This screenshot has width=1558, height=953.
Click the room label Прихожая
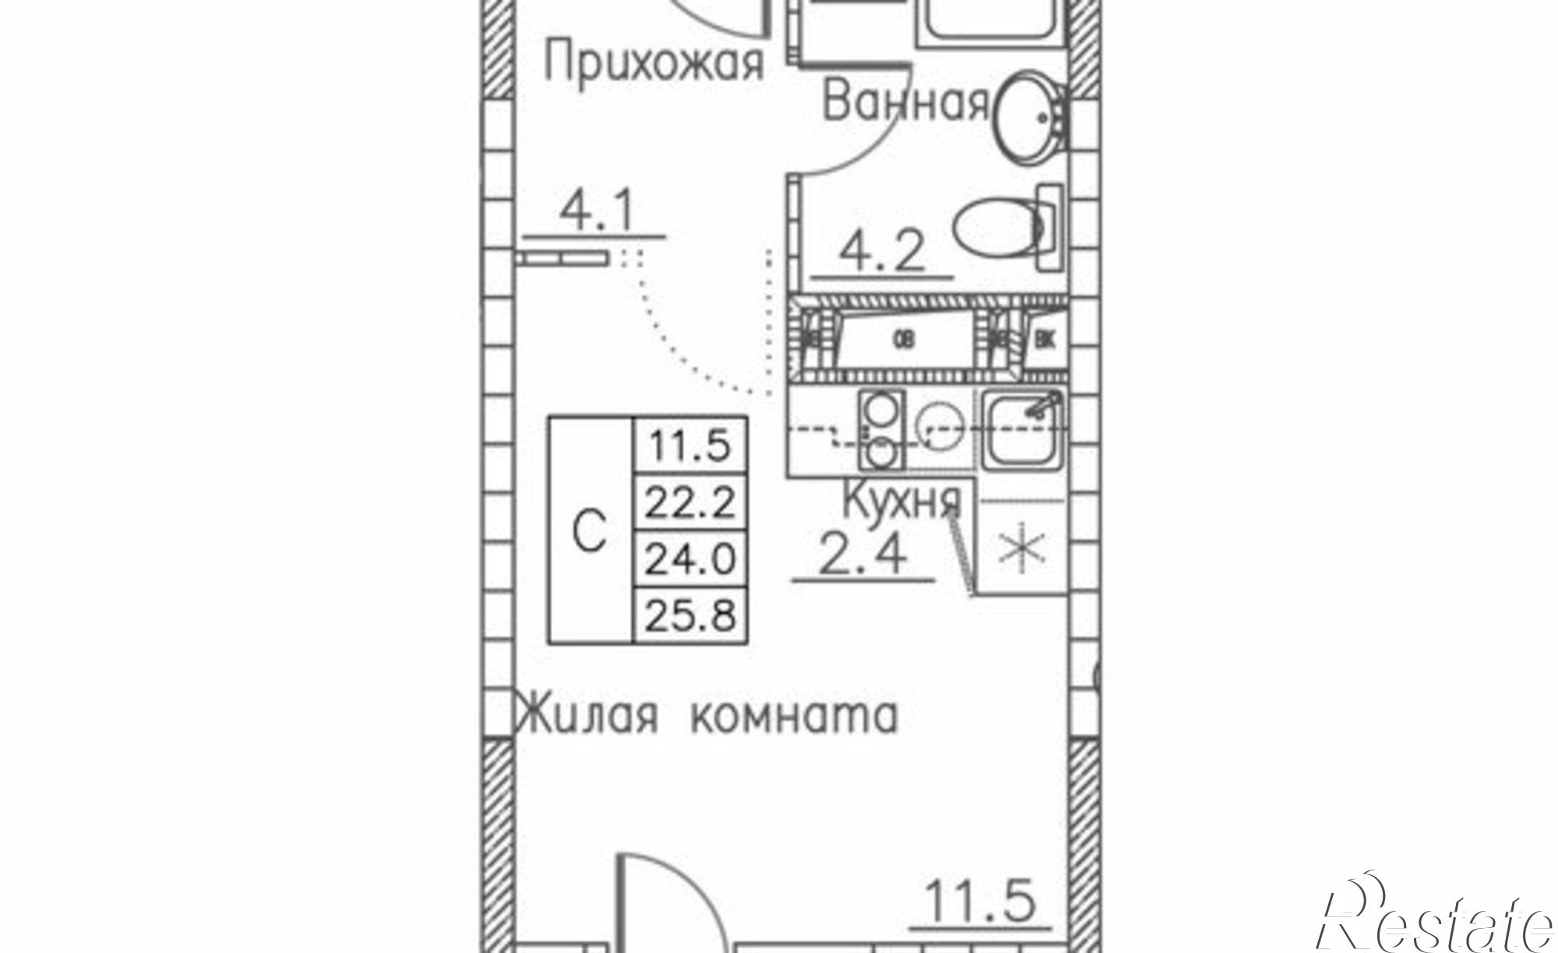click(653, 64)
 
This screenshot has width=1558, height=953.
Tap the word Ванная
click(905, 103)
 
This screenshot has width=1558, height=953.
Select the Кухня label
click(903, 501)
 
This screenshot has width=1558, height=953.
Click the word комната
click(794, 715)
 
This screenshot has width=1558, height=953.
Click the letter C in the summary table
click(590, 531)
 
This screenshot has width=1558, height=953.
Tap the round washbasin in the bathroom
click(1030, 120)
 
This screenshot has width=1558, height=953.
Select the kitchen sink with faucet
click(1022, 430)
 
